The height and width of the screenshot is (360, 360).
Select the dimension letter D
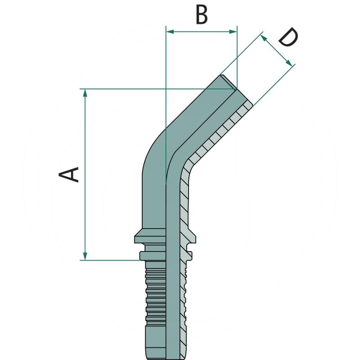(x=288, y=38)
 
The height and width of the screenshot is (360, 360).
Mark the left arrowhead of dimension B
(x=170, y=31)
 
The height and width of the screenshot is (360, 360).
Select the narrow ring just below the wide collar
(x=153, y=256)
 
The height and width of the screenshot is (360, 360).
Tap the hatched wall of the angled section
(x=216, y=135)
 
